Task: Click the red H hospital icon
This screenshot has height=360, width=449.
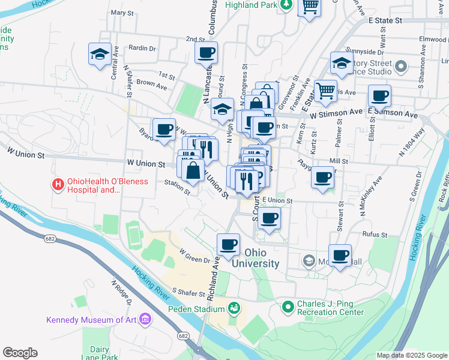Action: click(58, 185)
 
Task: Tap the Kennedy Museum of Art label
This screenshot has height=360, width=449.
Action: click(91, 319)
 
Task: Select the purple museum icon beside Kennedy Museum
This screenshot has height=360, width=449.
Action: click(145, 318)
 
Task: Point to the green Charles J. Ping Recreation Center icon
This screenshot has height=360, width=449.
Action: click(289, 307)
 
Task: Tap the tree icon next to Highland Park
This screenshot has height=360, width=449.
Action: click(287, 5)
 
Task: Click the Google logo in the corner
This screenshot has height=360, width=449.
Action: click(20, 353)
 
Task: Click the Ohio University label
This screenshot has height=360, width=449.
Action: click(261, 258)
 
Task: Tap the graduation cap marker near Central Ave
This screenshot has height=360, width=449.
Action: click(100, 54)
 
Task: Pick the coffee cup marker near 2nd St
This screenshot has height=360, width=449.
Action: click(206, 52)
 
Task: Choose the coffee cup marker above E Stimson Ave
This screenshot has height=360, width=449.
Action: click(379, 95)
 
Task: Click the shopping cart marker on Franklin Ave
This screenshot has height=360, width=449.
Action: click(325, 91)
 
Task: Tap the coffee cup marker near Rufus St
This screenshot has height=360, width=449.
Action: click(340, 254)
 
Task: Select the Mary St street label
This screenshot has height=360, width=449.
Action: click(122, 13)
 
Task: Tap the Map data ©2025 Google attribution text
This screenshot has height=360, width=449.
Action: click(412, 355)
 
